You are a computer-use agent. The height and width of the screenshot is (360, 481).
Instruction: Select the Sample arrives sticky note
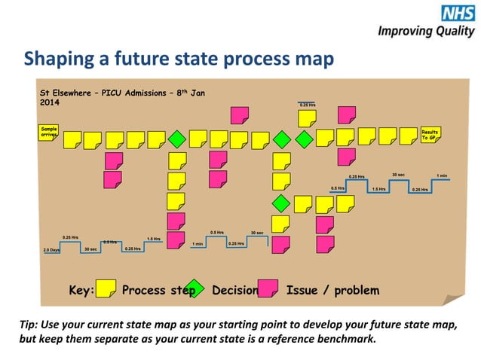[48, 134]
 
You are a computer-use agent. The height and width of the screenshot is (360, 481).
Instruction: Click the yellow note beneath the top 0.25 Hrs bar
[307, 119]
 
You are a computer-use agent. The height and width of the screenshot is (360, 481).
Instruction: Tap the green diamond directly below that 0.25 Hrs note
[304, 139]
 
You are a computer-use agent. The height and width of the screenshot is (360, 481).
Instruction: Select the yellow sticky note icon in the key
[106, 288]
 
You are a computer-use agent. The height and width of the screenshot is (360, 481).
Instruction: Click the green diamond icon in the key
[195, 288]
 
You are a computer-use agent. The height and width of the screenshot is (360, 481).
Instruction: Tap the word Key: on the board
[81, 291]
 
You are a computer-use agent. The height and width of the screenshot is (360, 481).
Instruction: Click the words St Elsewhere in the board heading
[65, 93]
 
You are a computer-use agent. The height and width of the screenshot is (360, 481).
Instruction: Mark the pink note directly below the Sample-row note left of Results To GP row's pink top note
[346, 157]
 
